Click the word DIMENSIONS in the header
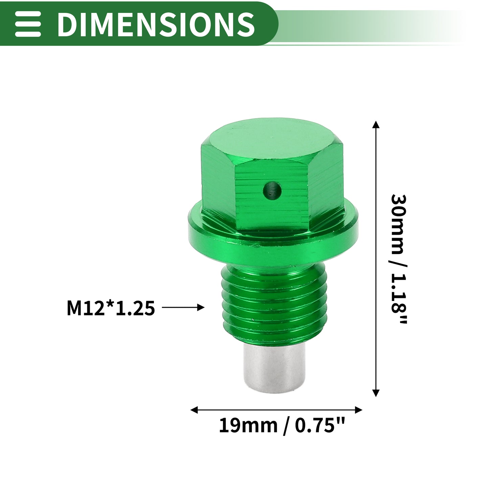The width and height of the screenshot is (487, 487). tap(156, 24)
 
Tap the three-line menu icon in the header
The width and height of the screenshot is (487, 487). tap(28, 24)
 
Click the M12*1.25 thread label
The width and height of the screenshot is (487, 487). tap(111, 308)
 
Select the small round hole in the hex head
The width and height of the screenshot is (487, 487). tap(272, 190)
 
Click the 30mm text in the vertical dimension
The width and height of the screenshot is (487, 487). tap(399, 225)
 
